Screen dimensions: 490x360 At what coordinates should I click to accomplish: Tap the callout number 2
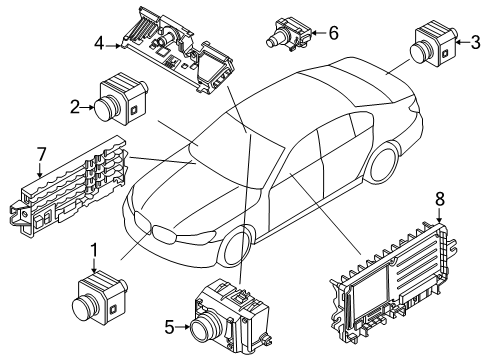(x=75, y=107)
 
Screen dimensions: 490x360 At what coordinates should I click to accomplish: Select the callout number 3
(x=475, y=42)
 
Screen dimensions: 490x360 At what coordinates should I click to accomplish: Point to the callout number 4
(x=99, y=44)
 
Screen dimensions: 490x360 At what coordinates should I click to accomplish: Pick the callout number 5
(x=170, y=327)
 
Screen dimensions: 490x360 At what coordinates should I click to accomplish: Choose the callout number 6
(x=333, y=33)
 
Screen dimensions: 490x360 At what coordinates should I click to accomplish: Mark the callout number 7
(x=41, y=154)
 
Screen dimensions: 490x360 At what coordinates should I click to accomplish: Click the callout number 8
(x=440, y=199)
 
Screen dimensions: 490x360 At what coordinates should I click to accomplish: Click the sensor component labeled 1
(x=100, y=297)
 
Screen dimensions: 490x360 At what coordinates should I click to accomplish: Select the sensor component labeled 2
(x=121, y=99)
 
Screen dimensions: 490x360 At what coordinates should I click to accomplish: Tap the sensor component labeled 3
(x=433, y=44)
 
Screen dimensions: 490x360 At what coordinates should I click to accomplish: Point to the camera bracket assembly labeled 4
(x=178, y=50)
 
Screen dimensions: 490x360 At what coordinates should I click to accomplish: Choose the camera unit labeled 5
(x=231, y=318)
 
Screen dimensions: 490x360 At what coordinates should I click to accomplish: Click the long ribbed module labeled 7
(x=68, y=186)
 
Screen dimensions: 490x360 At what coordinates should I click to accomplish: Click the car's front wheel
(x=236, y=247)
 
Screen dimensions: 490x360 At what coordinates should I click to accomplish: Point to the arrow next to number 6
(x=319, y=33)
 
